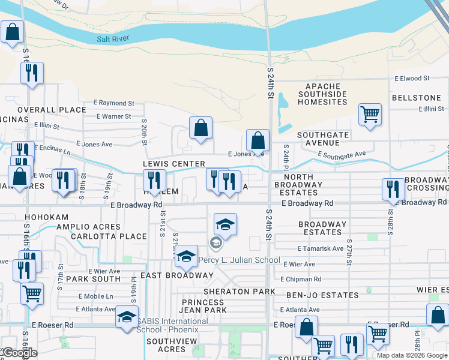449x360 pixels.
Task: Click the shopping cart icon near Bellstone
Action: pyautogui.click(x=370, y=113)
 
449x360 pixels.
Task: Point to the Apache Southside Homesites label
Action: pyautogui.click(x=322, y=94)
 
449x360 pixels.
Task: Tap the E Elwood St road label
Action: pyautogui.click(x=412, y=78)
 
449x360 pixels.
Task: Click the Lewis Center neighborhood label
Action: pyautogui.click(x=173, y=164)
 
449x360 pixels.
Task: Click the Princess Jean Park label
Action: pyautogui.click(x=204, y=306)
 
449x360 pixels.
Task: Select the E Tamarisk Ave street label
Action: pyautogui.click(x=320, y=248)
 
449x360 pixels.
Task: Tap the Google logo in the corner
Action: pyautogui.click(x=19, y=353)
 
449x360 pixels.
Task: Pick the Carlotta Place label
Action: pyautogui.click(x=108, y=236)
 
